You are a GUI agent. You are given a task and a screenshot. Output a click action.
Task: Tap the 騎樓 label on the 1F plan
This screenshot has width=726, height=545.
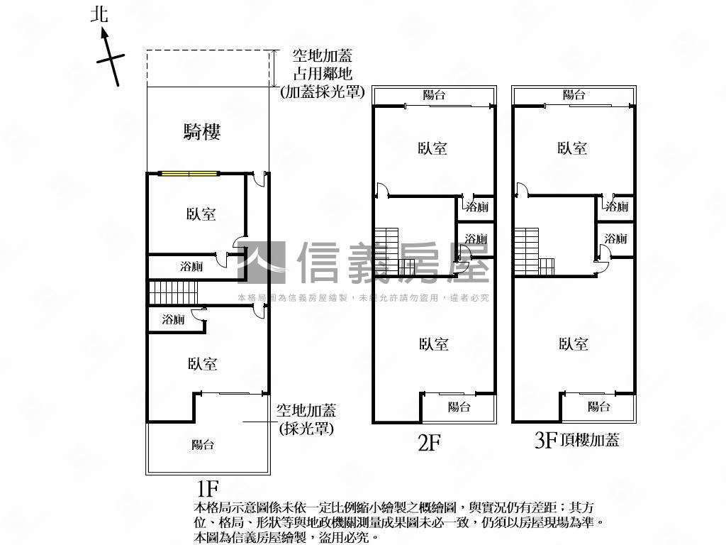(x=202, y=131)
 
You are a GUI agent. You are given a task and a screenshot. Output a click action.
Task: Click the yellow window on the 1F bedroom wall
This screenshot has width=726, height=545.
(x=189, y=172)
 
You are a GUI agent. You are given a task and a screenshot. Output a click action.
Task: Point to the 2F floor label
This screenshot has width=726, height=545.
(x=429, y=444)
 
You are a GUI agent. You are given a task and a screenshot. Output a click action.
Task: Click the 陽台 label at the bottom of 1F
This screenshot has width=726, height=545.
(x=203, y=445)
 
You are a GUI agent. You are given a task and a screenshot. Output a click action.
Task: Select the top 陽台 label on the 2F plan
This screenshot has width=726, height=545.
(x=434, y=95)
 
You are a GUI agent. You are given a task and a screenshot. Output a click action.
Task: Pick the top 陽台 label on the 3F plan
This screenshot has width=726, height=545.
(x=574, y=95)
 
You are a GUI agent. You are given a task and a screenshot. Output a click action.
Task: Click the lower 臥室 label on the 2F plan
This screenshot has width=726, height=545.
(x=433, y=344)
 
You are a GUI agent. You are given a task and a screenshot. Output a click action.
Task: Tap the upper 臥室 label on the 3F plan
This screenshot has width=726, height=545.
(x=572, y=148)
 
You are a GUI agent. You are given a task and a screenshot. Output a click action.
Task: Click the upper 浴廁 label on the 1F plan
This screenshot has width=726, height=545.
(x=191, y=267)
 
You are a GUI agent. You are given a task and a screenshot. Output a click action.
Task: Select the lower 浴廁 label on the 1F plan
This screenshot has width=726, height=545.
(x=173, y=319)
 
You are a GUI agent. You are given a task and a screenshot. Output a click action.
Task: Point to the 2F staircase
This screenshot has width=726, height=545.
(x=390, y=251)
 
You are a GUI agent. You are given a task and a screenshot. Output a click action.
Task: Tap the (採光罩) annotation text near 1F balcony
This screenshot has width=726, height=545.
(x=306, y=429)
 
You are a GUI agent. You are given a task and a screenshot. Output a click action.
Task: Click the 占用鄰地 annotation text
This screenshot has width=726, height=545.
(x=323, y=74)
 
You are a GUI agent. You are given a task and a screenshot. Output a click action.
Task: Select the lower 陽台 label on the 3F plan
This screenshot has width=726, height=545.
(x=599, y=407)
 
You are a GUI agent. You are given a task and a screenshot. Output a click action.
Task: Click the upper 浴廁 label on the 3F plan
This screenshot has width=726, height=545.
(x=616, y=207)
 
